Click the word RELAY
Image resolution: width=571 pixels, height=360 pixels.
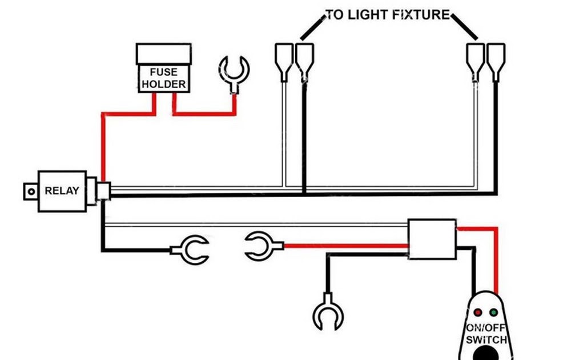62,191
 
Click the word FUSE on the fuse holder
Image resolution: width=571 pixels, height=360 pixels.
163,73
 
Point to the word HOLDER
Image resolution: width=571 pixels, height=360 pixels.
163,85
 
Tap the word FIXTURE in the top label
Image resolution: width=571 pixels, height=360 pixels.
421,15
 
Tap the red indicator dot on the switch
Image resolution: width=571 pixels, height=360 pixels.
478,313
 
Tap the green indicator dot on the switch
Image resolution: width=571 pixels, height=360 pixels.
493,313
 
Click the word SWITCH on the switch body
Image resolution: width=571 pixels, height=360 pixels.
486,340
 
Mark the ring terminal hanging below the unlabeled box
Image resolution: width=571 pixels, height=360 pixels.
328,312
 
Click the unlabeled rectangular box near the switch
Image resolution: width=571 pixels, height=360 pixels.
432,239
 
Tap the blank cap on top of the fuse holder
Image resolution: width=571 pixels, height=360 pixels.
163,54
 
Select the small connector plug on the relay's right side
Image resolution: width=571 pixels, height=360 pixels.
103,191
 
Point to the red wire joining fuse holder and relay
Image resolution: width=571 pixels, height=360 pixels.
103,143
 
